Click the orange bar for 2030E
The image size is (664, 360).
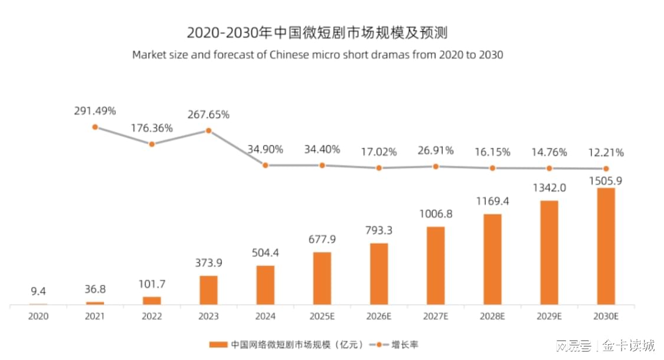coord(606,246)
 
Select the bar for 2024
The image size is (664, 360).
coord(265,285)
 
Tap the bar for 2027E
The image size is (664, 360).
coord(436,266)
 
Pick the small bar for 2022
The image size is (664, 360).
coord(152,300)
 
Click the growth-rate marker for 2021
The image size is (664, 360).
coord(94,127)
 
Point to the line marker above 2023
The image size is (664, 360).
coord(208,131)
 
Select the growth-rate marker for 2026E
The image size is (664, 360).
coord(379,168)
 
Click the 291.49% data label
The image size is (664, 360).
coord(95,110)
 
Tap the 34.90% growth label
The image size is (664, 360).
coord(265,149)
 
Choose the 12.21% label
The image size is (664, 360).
coord(606,153)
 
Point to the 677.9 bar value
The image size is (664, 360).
coord(322,240)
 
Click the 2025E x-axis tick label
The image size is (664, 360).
coord(322,316)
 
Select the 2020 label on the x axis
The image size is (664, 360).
coord(38,316)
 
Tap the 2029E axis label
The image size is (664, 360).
coord(549,316)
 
